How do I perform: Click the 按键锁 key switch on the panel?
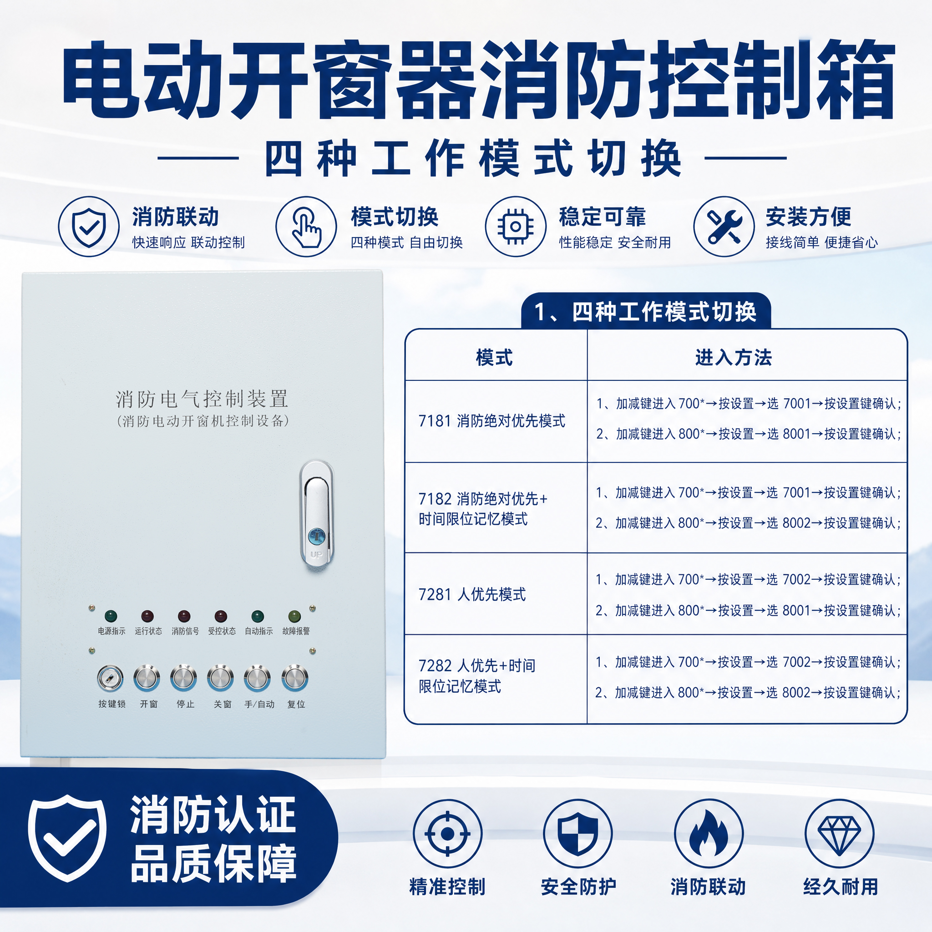coord(110,678)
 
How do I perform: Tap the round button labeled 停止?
coord(184,678)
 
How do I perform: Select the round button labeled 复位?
coord(295,678)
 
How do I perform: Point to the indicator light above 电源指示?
coord(111,616)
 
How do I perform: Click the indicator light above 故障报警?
coord(294,616)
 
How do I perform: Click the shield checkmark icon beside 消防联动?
coord(89,226)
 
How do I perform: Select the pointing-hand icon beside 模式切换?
coord(306,226)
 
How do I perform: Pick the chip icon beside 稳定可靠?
coord(516,226)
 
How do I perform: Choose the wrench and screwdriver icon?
coord(724,226)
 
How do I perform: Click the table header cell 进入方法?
coord(733,357)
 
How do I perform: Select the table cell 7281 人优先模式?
coord(472,594)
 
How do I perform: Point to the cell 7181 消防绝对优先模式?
coord(491,420)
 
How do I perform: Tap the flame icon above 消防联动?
coord(708,833)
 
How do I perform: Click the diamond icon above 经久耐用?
coord(839,833)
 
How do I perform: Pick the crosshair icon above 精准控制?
coord(447,833)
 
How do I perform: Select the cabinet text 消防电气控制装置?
coord(202,399)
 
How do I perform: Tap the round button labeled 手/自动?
coord(257,678)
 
